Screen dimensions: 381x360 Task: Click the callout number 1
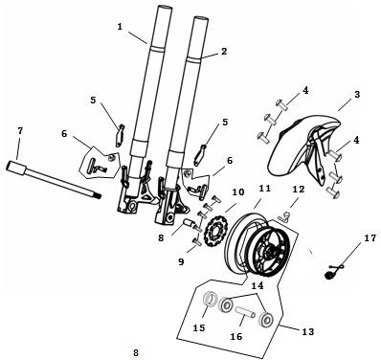[120, 27]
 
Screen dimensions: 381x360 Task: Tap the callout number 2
[224, 51]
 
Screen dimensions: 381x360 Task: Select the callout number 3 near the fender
[357, 94]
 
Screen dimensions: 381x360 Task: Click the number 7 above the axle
[20, 131]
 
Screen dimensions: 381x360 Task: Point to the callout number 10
[238, 192]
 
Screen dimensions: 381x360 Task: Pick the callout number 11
[265, 189]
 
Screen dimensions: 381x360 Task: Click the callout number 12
[298, 190]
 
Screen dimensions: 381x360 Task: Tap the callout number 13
[308, 331]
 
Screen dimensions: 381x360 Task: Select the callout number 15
[199, 327]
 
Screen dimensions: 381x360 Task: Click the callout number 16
[236, 336]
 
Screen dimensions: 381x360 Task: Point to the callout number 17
[370, 237]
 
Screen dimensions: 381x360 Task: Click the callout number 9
[181, 261]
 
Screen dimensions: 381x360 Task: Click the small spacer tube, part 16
[245, 312]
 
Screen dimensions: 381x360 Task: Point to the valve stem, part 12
[283, 217]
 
